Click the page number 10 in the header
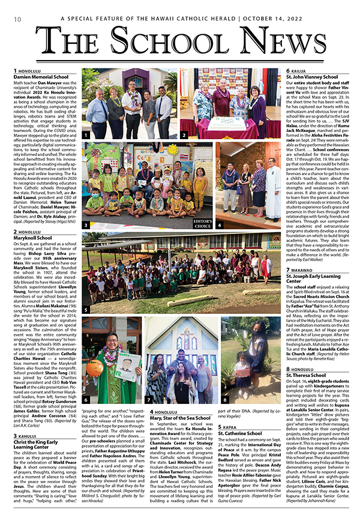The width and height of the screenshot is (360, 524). coord(11,19)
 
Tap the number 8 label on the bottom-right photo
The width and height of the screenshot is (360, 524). coord(225,399)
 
